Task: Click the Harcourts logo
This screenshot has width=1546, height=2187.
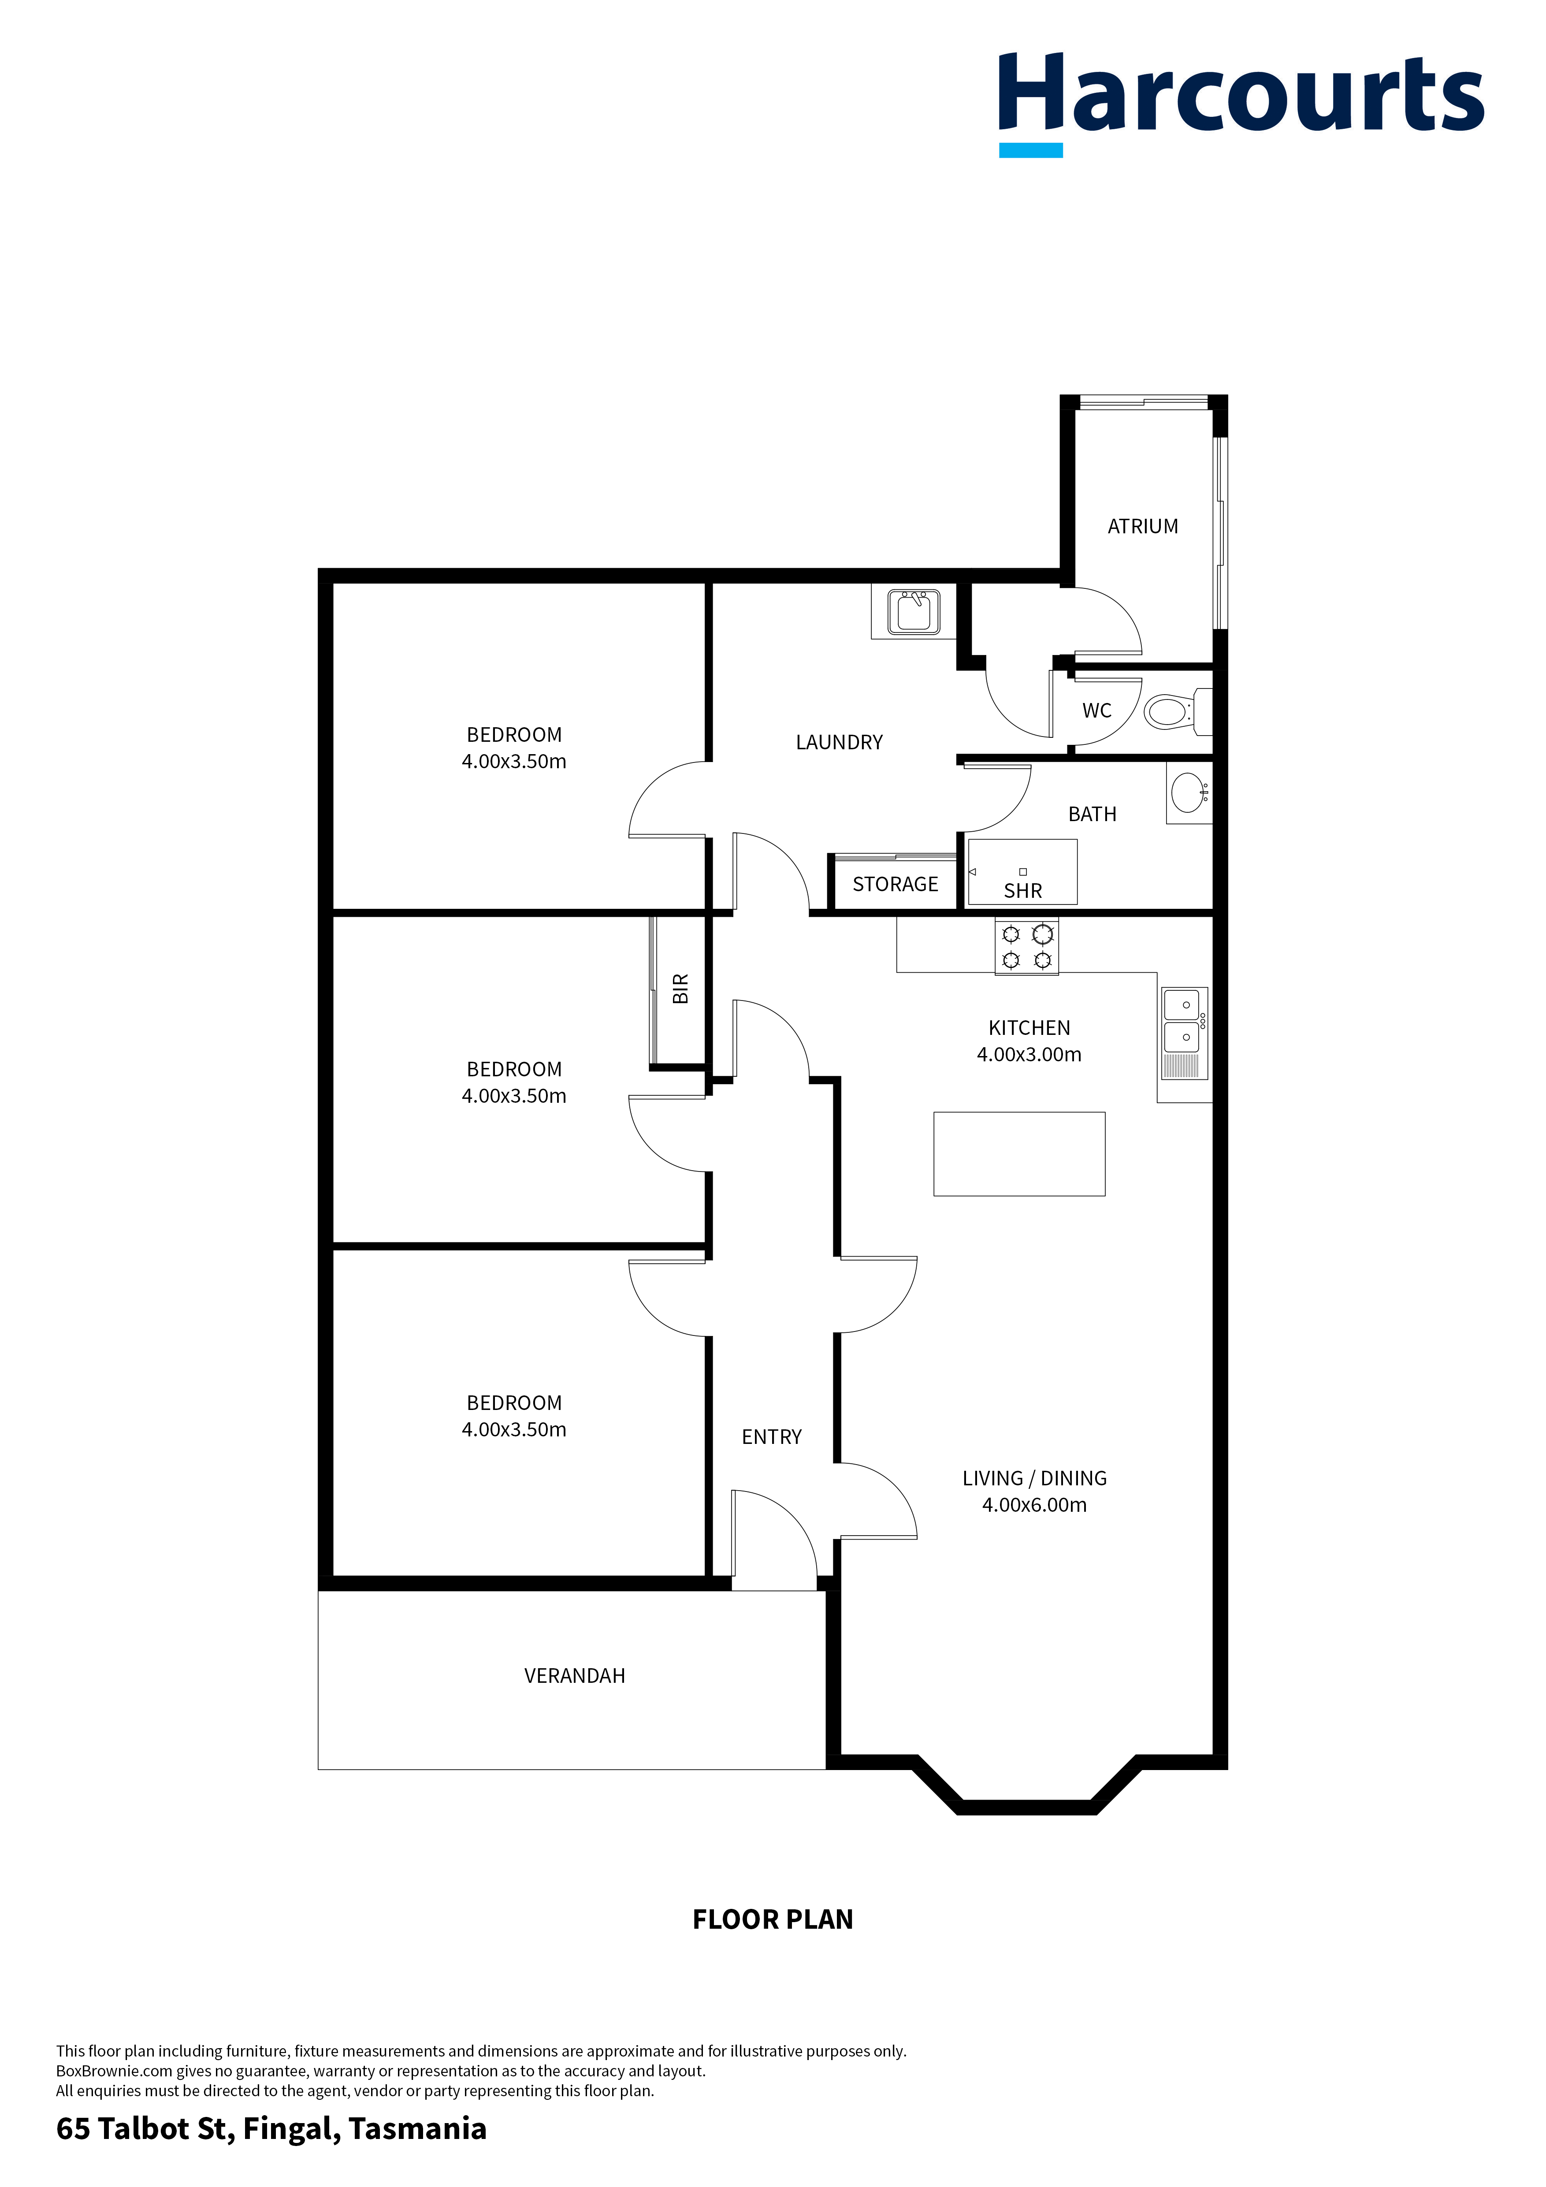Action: coord(1240,100)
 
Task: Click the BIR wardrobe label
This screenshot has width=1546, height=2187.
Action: coord(680,989)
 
